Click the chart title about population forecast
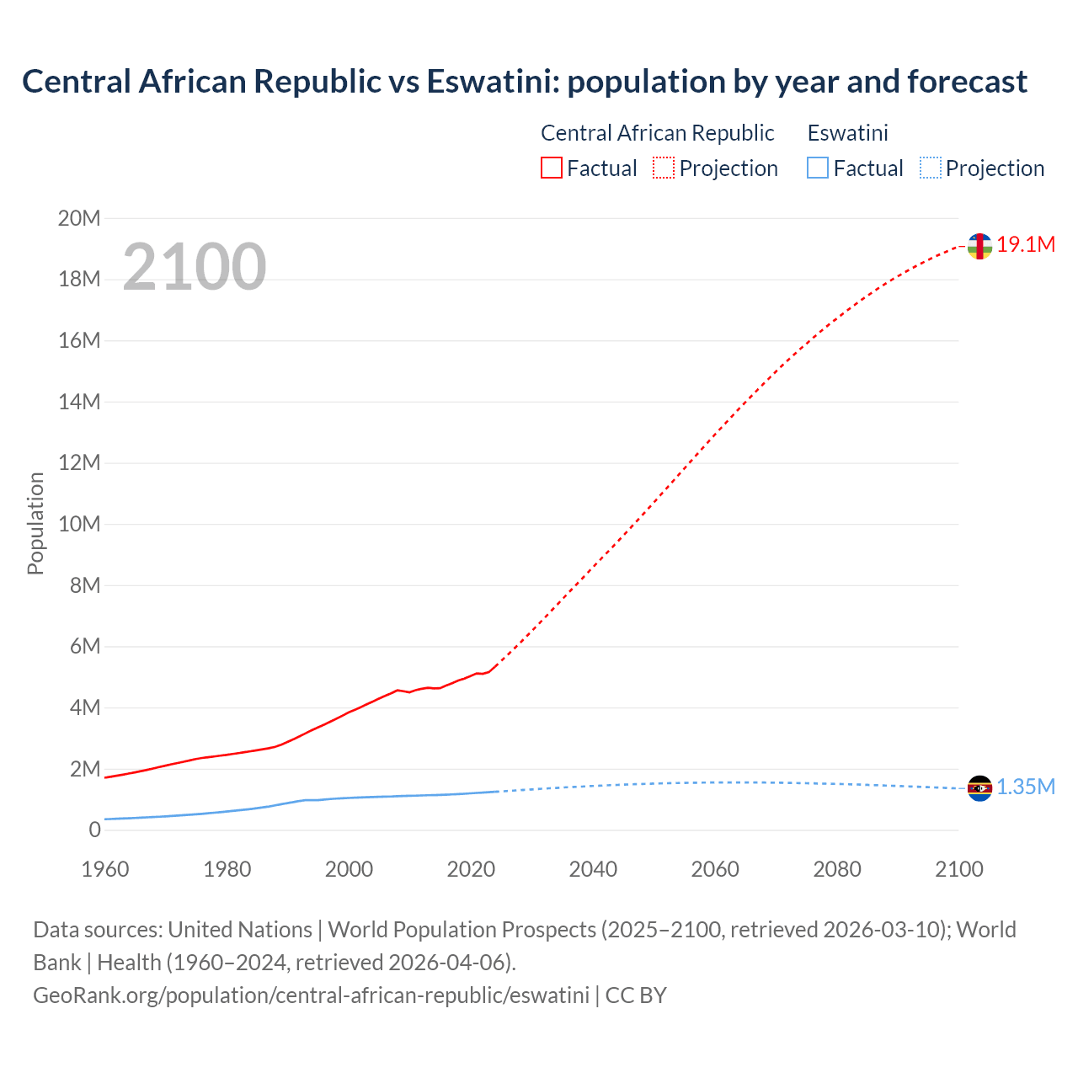pyautogui.click(x=524, y=82)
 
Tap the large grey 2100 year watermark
pyautogui.click(x=195, y=267)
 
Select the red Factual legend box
pyautogui.click(x=552, y=168)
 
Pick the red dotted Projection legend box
pyautogui.click(x=664, y=168)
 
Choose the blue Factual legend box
pyautogui.click(x=818, y=168)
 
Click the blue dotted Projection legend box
pyautogui.click(x=931, y=168)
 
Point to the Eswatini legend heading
pyautogui.click(x=847, y=133)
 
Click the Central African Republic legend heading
pyautogui.click(x=657, y=133)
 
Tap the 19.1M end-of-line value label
pyautogui.click(x=1026, y=244)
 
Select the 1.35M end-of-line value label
pyautogui.click(x=1026, y=787)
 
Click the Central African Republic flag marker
pyautogui.click(x=979, y=246)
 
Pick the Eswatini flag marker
pyautogui.click(x=979, y=788)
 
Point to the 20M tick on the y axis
pyautogui.click(x=79, y=219)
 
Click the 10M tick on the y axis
pyautogui.click(x=79, y=524)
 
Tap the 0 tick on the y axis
pyautogui.click(x=94, y=830)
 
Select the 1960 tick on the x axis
pyautogui.click(x=105, y=869)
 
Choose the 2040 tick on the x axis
pyautogui.click(x=593, y=869)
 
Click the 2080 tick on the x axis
pyautogui.click(x=837, y=869)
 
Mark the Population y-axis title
pyautogui.click(x=35, y=523)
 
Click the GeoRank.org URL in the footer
pyautogui.click(x=311, y=995)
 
